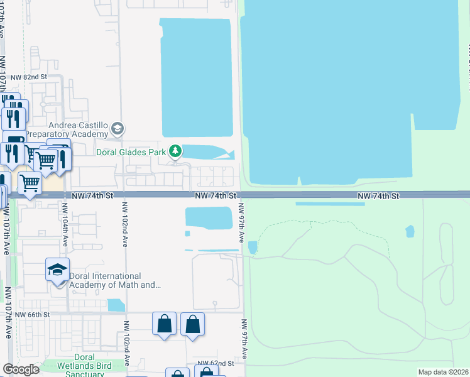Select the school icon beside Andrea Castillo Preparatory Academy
[116, 129]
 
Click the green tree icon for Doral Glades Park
[176, 151]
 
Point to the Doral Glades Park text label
[131, 151]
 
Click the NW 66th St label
[32, 314]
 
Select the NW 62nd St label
[216, 363]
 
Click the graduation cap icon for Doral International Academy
[58, 270]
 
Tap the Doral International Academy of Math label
[106, 280]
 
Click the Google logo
[21, 369]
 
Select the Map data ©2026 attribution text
[443, 372]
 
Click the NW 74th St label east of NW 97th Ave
[378, 196]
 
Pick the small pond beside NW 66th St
[116, 305]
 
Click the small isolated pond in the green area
[410, 231]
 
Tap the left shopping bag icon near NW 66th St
[165, 324]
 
